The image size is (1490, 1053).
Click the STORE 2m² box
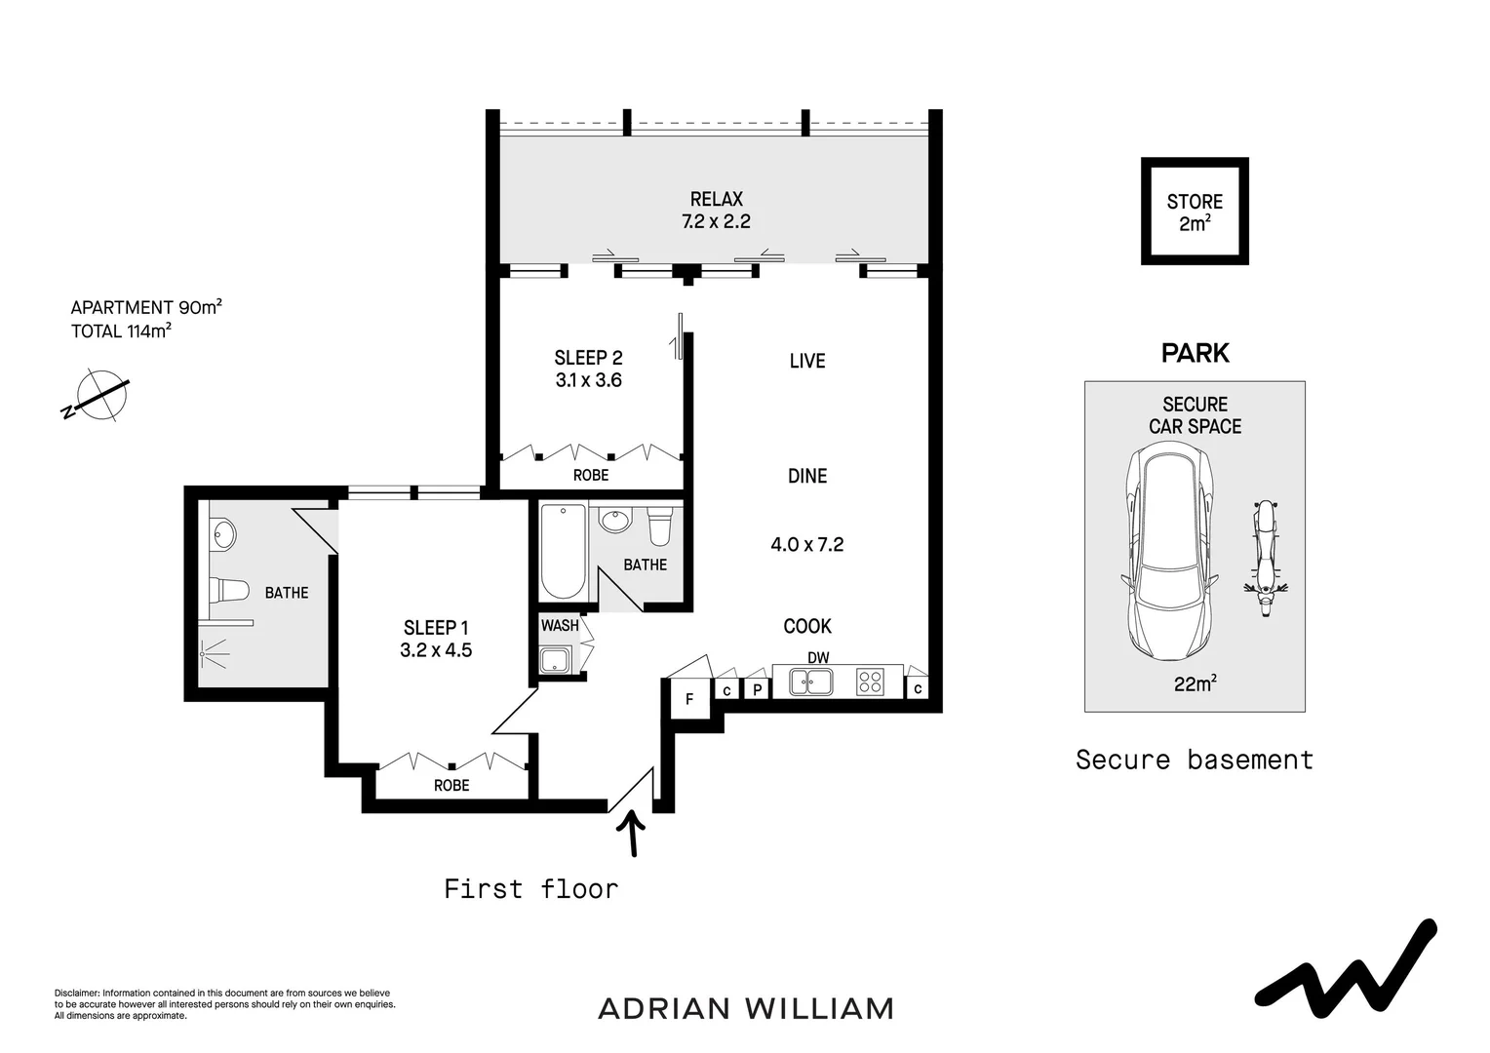pyautogui.click(x=1195, y=212)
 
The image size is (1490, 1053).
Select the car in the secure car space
pyautogui.click(x=1169, y=552)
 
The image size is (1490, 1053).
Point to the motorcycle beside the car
pyautogui.click(x=1265, y=559)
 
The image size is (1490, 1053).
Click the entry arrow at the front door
pyautogui.click(x=633, y=834)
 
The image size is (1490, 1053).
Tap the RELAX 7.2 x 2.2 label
pyautogui.click(x=716, y=211)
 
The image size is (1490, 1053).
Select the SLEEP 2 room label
pyautogui.click(x=588, y=358)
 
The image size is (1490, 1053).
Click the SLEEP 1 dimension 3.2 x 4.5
pyautogui.click(x=436, y=650)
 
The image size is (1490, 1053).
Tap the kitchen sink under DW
pyautogui.click(x=810, y=682)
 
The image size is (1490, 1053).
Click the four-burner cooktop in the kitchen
pyautogui.click(x=870, y=682)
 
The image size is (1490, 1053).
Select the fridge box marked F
pyautogui.click(x=689, y=699)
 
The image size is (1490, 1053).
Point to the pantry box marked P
pyautogui.click(x=757, y=689)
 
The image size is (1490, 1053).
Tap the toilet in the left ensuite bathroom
pyautogui.click(x=229, y=590)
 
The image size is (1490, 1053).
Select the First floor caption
pyautogui.click(x=530, y=888)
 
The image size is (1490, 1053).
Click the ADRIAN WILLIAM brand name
pyautogui.click(x=745, y=1008)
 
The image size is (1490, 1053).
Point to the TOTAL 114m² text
pyautogui.click(x=121, y=331)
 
